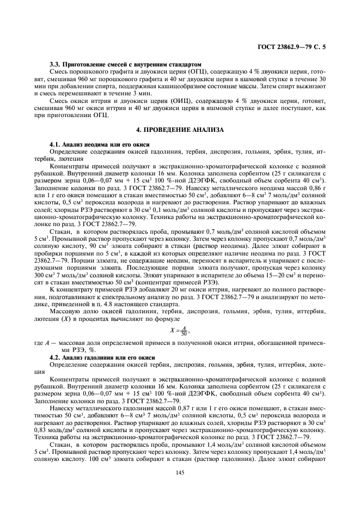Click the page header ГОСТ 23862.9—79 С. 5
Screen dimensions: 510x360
tap(295, 47)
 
